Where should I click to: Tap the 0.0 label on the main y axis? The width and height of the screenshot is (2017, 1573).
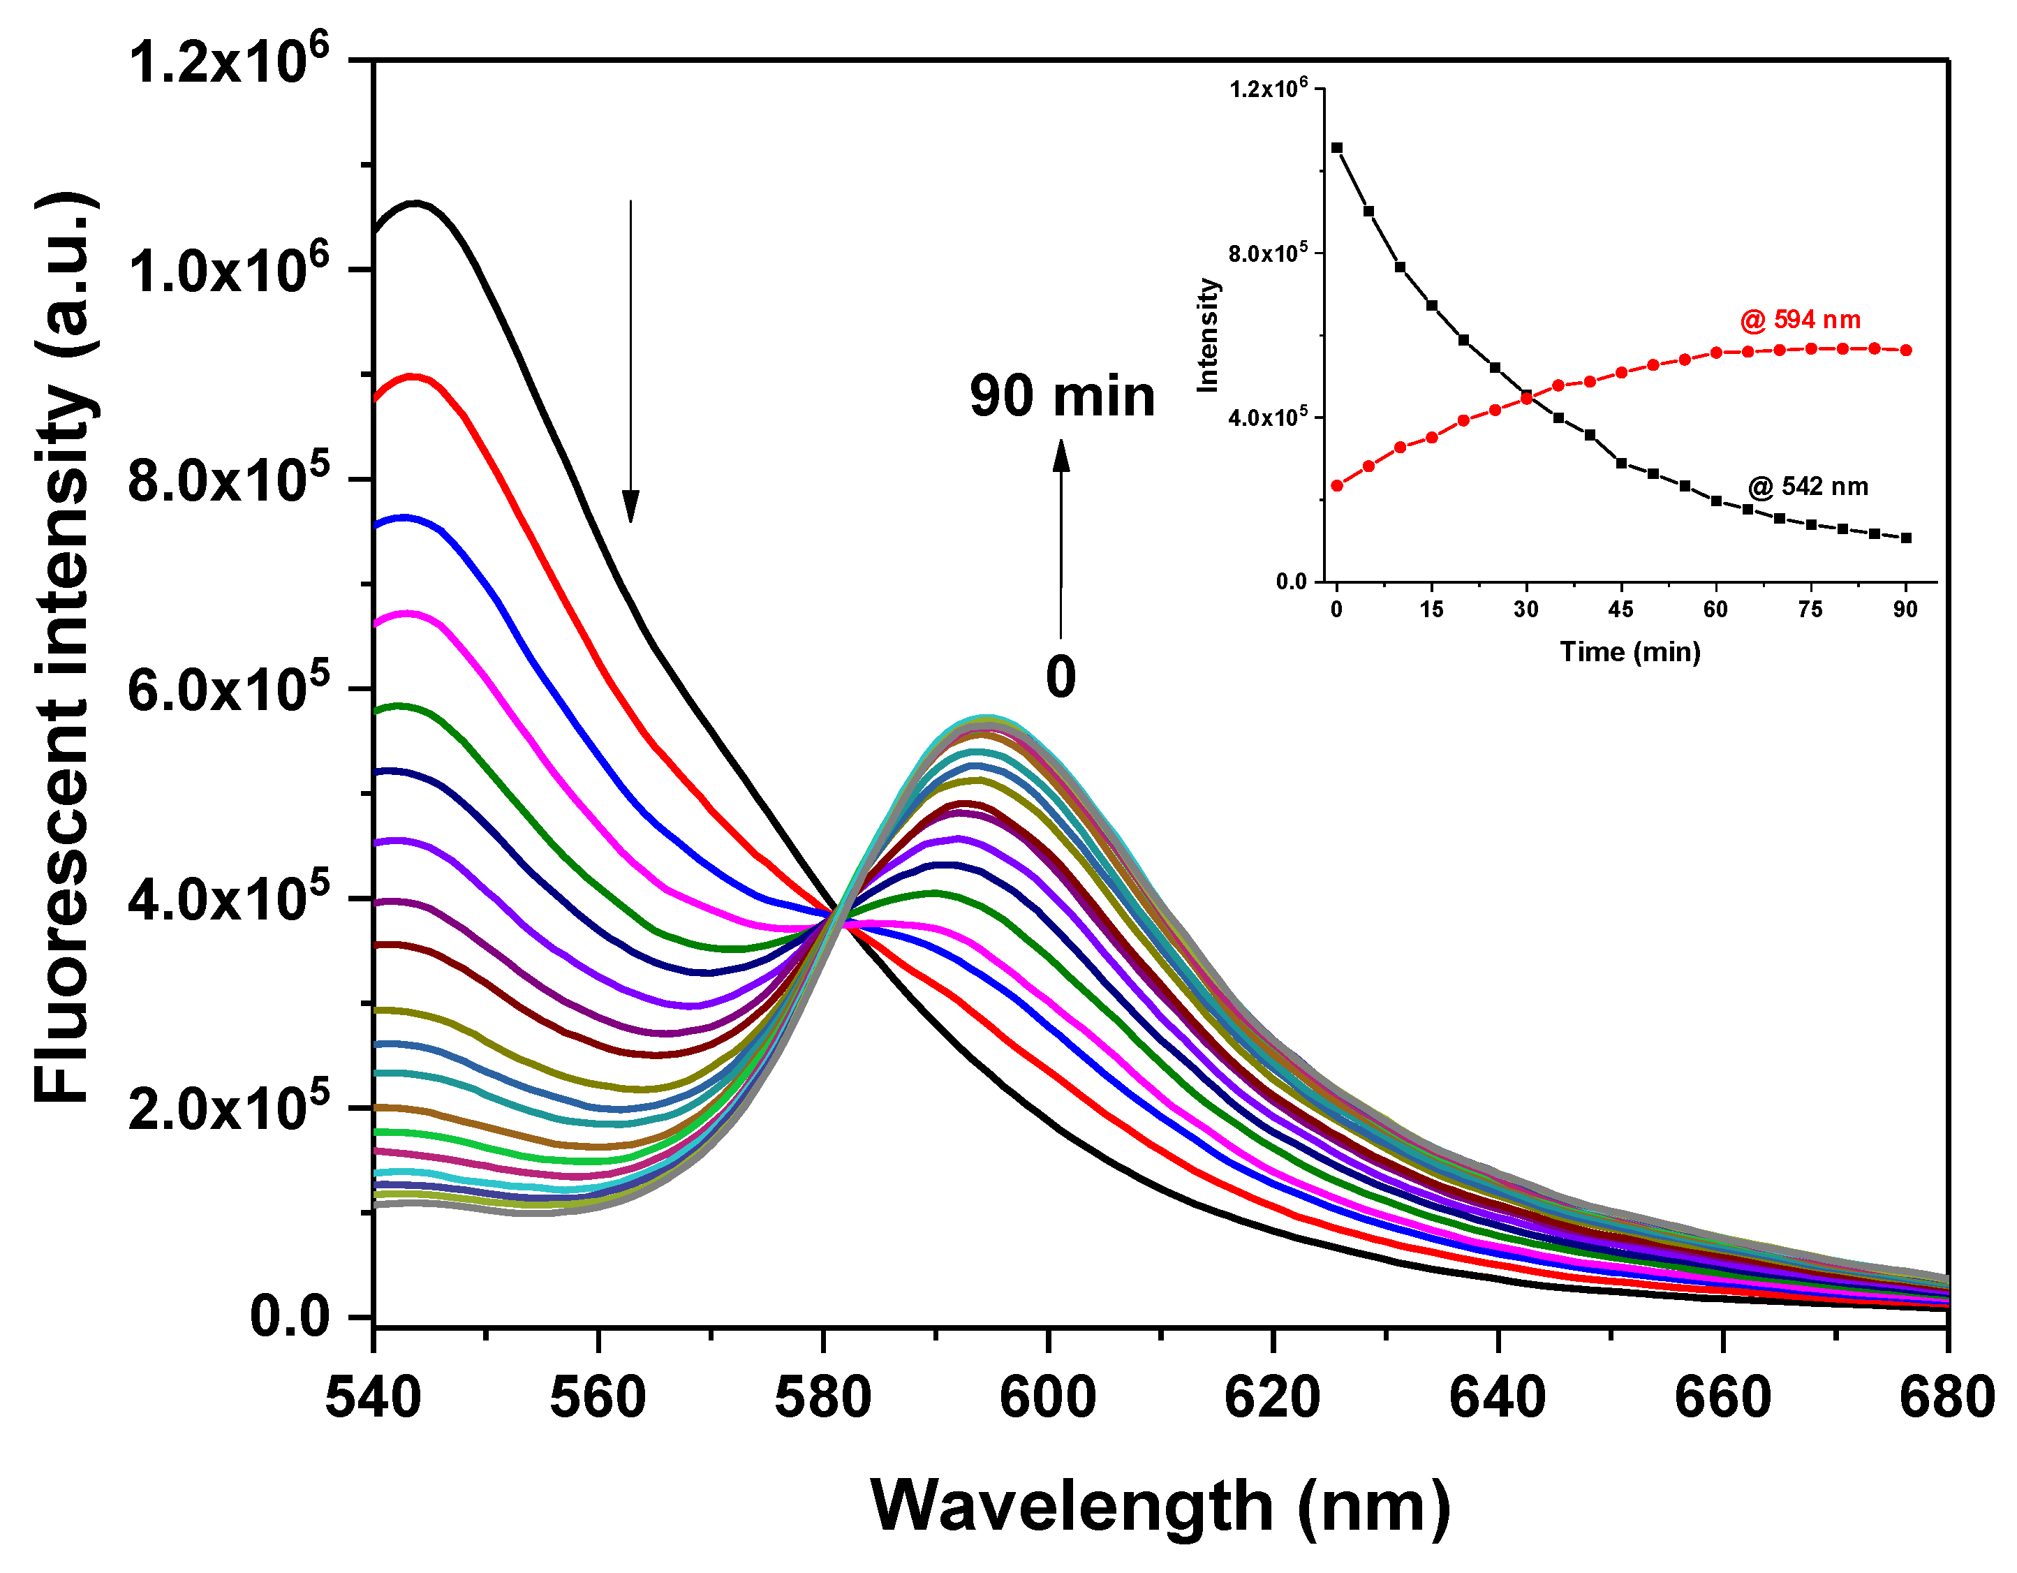click(x=289, y=1315)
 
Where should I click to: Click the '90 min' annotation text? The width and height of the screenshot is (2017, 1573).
click(x=1062, y=397)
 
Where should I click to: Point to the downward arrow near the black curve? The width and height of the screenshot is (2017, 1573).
click(x=630, y=360)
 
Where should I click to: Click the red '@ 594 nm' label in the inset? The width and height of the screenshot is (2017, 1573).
click(x=1800, y=320)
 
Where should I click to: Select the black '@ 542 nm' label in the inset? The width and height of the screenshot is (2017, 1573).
click(x=1808, y=487)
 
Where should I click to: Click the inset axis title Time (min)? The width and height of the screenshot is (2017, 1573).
click(x=1630, y=652)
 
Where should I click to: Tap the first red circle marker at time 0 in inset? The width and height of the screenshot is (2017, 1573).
click(x=1336, y=485)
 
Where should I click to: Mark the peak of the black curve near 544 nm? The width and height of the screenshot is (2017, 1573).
click(x=415, y=202)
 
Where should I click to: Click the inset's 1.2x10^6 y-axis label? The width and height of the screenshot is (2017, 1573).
click(x=1268, y=89)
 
